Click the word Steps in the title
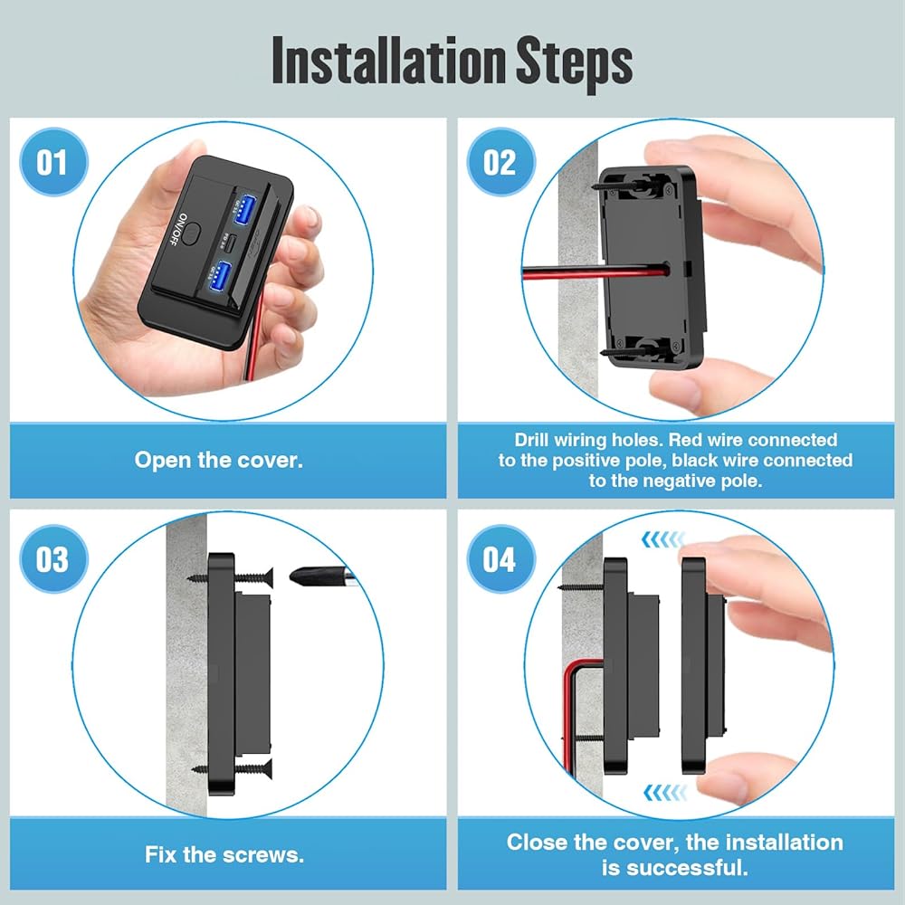574,63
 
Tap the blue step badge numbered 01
53,162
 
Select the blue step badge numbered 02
500,162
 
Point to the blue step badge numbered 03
53,558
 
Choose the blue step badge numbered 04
500,558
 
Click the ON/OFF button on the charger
193,233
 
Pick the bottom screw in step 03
232,768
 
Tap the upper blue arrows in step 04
663,539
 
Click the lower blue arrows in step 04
665,792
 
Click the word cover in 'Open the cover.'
270,460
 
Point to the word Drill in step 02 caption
531,440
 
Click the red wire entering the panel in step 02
595,271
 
